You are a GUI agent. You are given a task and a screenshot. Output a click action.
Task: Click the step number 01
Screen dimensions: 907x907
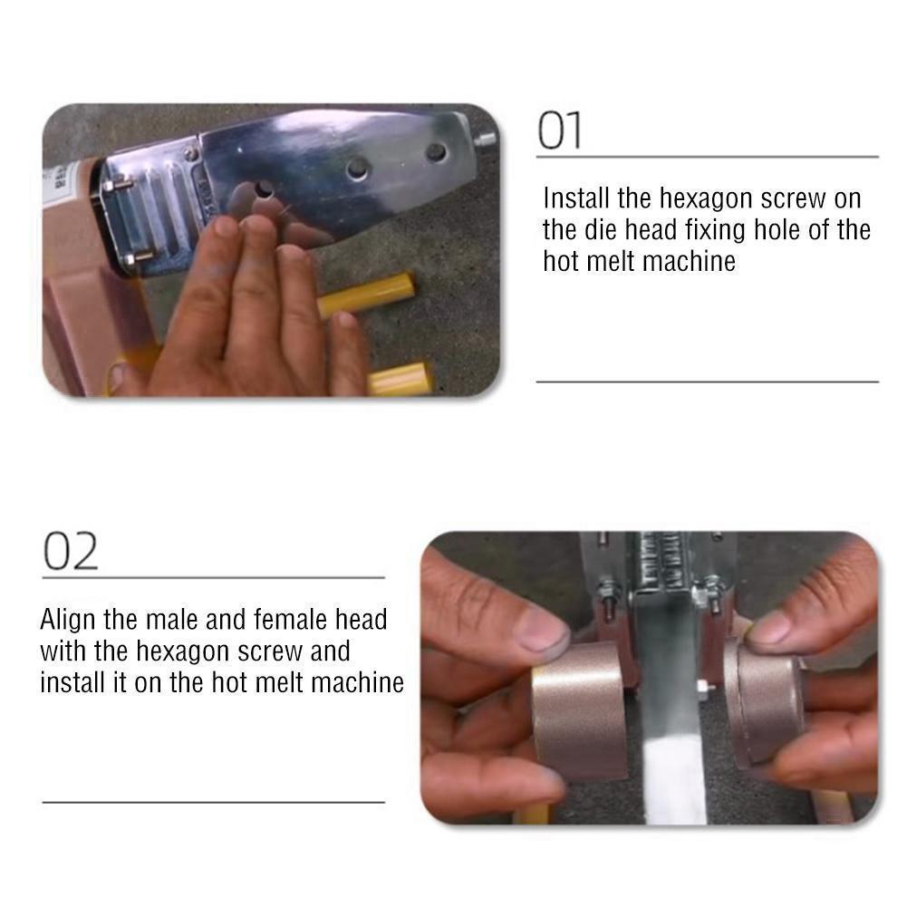tap(559, 130)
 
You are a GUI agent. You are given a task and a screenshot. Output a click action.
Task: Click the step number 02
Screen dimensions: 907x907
tap(71, 552)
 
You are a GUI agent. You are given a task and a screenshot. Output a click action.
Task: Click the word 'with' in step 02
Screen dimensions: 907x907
tap(63, 651)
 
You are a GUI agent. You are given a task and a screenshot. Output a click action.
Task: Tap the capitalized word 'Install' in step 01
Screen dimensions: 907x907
tap(576, 198)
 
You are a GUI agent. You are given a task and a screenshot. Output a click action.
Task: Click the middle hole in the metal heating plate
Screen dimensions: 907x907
tap(358, 169)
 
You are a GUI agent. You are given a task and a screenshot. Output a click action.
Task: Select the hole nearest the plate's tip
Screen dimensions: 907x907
tap(436, 153)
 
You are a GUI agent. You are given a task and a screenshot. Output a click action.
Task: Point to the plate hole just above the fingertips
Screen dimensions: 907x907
tap(265, 189)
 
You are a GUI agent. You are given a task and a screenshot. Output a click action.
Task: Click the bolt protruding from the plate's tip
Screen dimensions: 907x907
tap(486, 139)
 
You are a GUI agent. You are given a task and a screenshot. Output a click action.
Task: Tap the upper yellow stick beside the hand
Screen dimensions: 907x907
tap(366, 294)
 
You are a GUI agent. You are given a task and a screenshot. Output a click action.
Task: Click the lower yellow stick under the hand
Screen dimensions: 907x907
tap(400, 379)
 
